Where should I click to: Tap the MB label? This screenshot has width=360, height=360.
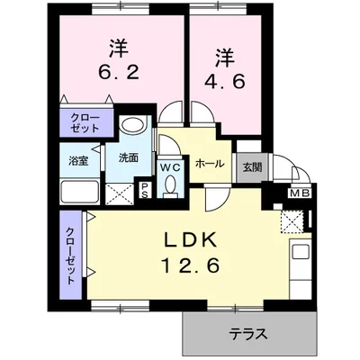299,192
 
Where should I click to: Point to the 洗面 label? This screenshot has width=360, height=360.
128,157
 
